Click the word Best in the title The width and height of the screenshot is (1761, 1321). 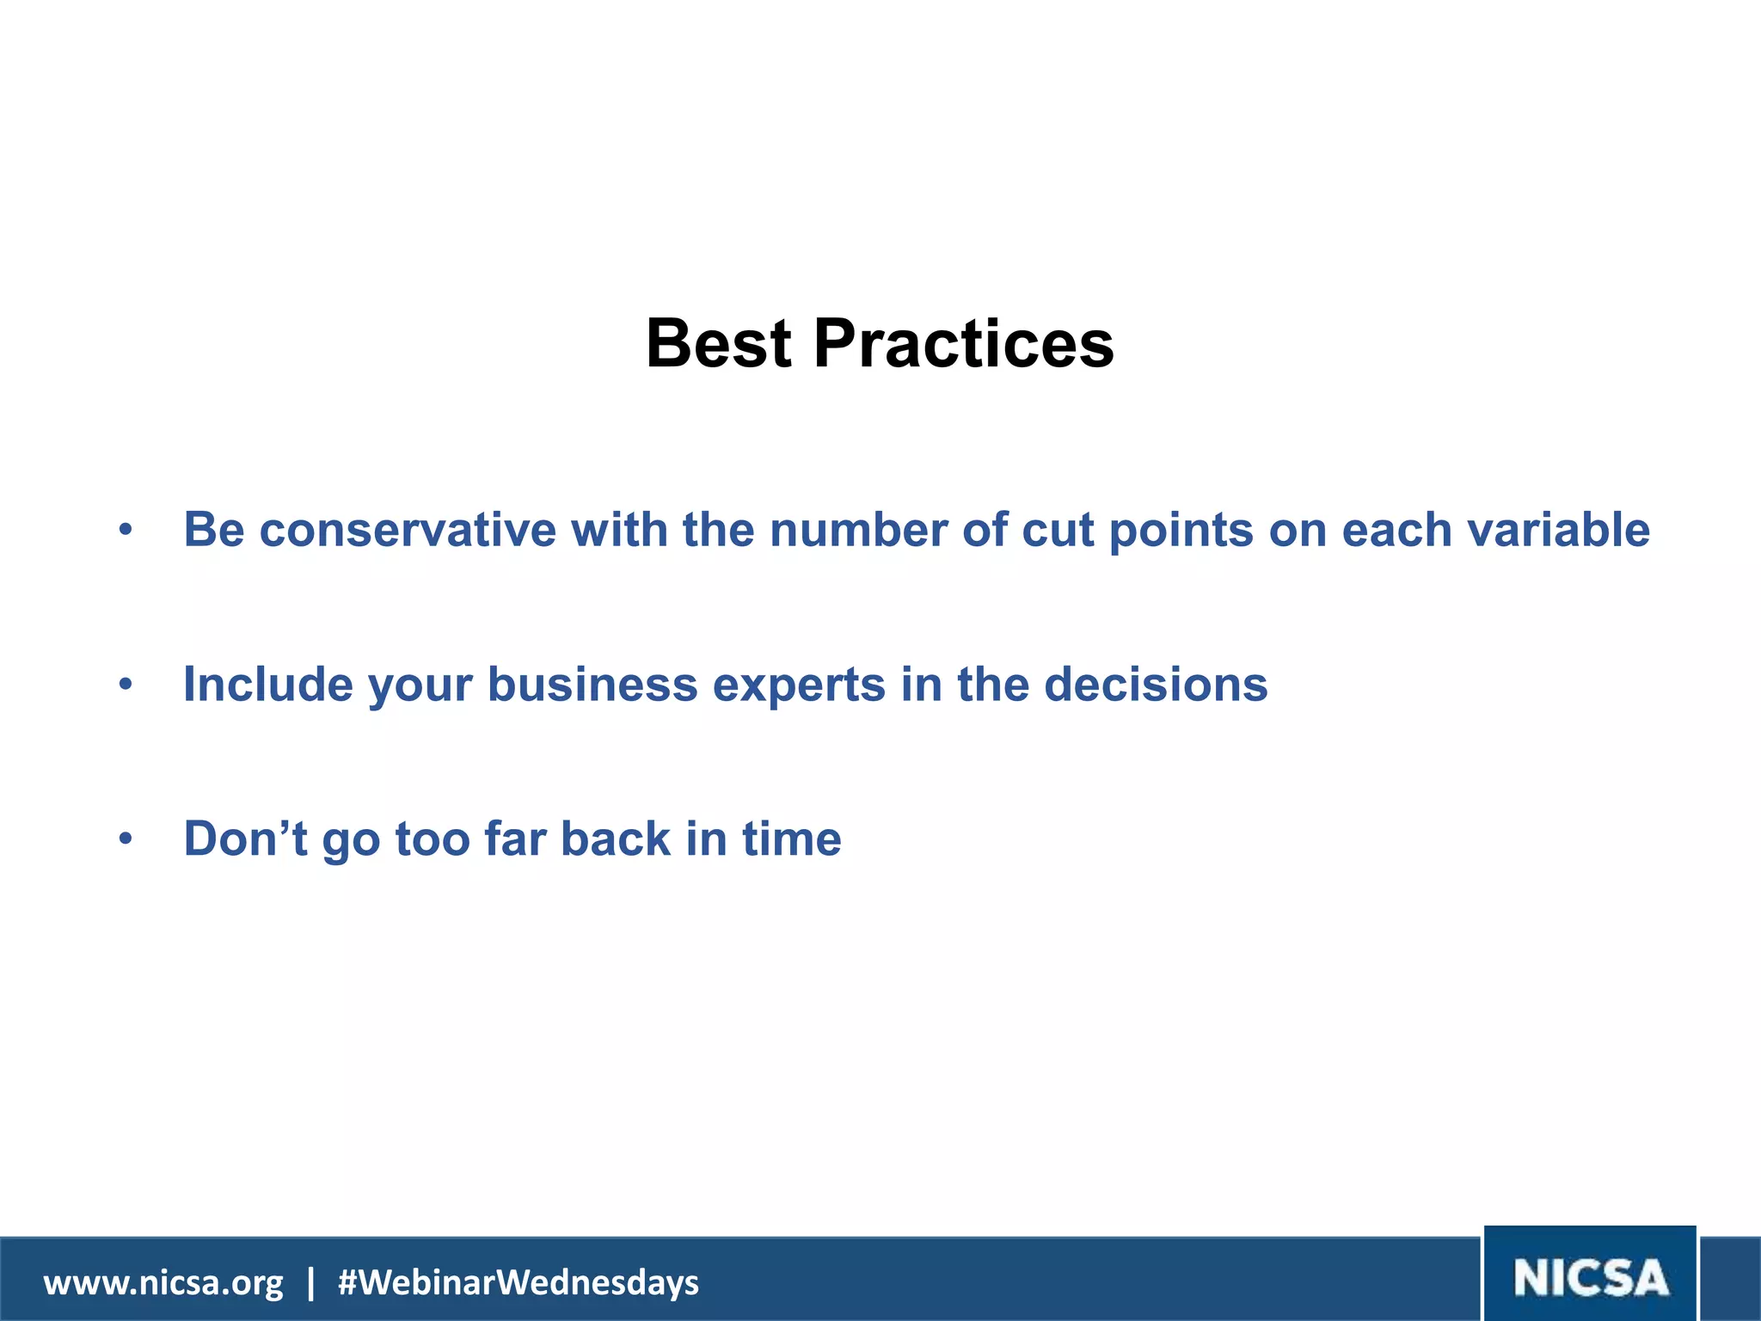[x=718, y=344]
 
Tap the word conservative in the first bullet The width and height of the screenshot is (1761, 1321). [x=408, y=530]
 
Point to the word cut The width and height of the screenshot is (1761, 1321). [x=1057, y=530]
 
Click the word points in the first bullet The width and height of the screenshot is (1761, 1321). [x=1181, y=530]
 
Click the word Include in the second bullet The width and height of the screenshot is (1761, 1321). [x=268, y=685]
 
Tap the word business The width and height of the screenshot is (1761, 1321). [x=592, y=685]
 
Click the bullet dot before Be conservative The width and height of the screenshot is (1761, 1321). [x=126, y=531]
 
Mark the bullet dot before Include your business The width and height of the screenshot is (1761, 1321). [x=126, y=685]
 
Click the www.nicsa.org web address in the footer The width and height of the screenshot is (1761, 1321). [x=163, y=1283]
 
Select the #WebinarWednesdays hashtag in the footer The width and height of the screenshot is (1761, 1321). [x=518, y=1283]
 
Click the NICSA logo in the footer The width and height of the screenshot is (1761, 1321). [x=1590, y=1277]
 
